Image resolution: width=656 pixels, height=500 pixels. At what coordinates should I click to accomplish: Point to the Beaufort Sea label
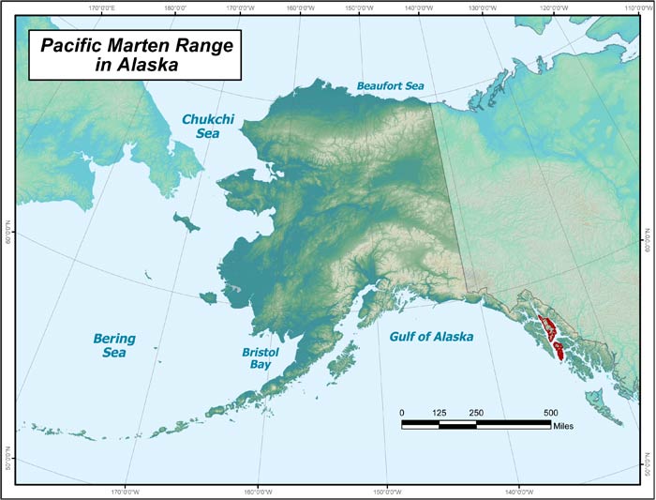pyautogui.click(x=390, y=86)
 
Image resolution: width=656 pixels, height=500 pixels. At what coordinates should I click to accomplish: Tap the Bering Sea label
pyautogui.click(x=114, y=345)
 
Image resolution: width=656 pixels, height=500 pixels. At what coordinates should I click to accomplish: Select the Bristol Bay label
pyautogui.click(x=259, y=357)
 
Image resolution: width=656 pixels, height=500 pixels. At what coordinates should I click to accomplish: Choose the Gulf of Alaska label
pyautogui.click(x=431, y=336)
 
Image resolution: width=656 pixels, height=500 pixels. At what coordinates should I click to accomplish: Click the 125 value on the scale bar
pyautogui.click(x=439, y=413)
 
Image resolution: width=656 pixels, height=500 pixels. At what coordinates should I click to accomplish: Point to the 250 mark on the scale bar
pyautogui.click(x=476, y=413)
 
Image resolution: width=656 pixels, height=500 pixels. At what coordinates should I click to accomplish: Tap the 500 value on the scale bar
pyautogui.click(x=550, y=413)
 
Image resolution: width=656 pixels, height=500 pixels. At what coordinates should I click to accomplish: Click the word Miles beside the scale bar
pyautogui.click(x=562, y=426)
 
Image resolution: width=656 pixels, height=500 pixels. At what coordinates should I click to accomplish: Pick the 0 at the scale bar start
pyautogui.click(x=402, y=413)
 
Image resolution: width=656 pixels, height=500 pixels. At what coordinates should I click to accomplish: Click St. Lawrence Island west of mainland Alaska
pyautogui.click(x=187, y=221)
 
